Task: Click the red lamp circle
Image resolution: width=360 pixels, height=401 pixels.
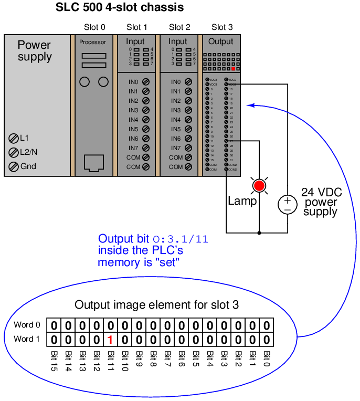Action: tap(259, 185)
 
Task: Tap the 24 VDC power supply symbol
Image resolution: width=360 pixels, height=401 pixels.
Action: tap(287, 203)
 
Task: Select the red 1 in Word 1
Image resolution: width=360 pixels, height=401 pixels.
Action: tap(110, 340)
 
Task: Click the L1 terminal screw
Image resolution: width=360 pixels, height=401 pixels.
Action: tap(14, 138)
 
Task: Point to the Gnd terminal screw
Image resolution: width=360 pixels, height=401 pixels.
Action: tap(14, 166)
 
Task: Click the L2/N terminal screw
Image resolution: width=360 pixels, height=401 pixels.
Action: tap(14, 152)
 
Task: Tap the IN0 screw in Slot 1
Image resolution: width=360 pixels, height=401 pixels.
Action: tap(145, 82)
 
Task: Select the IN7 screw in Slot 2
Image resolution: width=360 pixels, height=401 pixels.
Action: tap(188, 148)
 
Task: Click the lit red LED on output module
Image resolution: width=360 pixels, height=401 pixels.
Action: tap(233, 69)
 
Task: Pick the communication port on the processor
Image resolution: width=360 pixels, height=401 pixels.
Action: tap(94, 163)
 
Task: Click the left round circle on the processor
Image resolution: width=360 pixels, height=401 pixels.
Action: tap(84, 82)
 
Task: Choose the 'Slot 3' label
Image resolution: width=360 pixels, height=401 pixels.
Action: tap(221, 27)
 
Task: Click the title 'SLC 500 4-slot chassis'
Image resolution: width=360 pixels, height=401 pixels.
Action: tap(120, 8)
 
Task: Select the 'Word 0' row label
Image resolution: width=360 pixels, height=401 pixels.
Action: tap(27, 325)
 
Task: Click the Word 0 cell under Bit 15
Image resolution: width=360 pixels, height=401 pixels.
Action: tap(54, 325)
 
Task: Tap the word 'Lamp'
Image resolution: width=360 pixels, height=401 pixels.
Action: tap(242, 201)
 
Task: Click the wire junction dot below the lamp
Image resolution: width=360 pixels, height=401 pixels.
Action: tap(259, 232)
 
